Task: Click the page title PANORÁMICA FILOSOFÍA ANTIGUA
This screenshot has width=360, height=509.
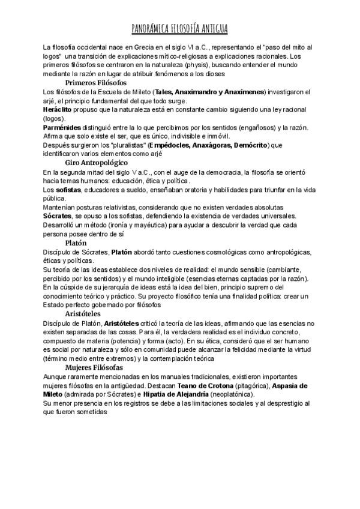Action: tap(180, 29)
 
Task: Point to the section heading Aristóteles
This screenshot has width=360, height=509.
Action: tap(83, 313)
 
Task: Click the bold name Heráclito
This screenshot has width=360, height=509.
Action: tap(58, 111)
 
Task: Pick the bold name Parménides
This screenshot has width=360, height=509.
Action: tap(62, 128)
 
